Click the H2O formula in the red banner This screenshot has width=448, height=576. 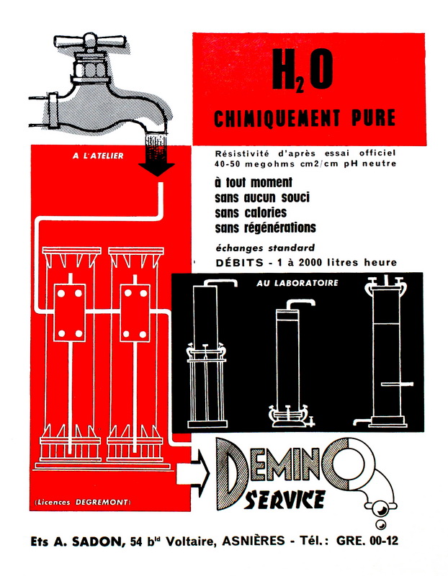[303, 70]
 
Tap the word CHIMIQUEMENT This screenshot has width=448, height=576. [277, 118]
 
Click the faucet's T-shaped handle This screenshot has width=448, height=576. [91, 42]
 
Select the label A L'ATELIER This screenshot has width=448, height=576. [98, 156]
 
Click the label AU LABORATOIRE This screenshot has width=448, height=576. [297, 283]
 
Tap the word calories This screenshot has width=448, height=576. [265, 212]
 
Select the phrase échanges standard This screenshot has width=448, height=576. [265, 248]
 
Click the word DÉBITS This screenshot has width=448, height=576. [240, 262]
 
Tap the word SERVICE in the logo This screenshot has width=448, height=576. [285, 499]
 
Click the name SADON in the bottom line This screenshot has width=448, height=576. [97, 541]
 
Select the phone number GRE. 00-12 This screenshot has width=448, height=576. [367, 541]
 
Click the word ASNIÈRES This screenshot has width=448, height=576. [254, 541]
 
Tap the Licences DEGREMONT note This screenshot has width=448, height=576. [82, 502]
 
